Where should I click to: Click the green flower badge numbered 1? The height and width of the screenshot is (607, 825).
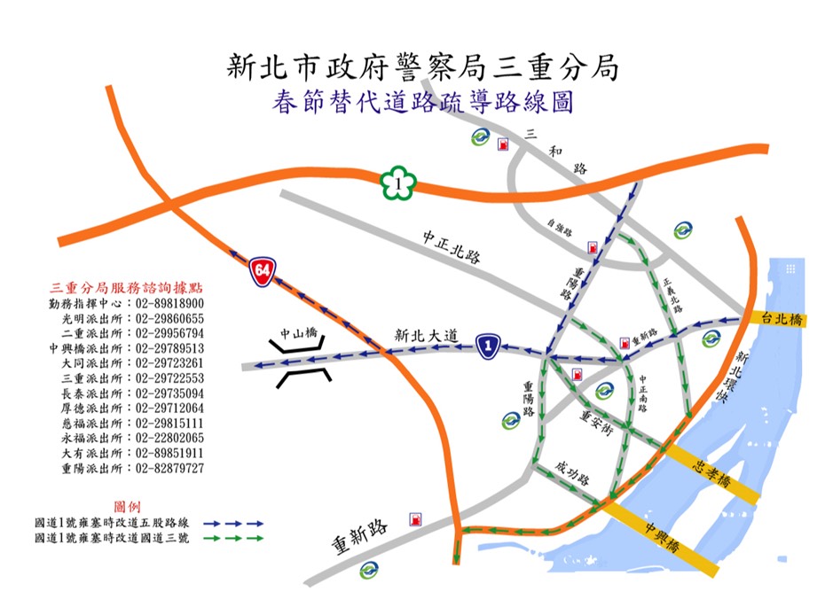399,183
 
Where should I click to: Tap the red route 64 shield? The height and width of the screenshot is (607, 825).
261,270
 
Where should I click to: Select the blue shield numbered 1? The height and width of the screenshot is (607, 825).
485,346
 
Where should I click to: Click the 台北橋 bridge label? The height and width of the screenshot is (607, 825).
777,321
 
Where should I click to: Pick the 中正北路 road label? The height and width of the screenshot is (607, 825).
451,247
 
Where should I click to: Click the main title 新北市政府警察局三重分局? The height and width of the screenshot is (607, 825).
421,66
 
